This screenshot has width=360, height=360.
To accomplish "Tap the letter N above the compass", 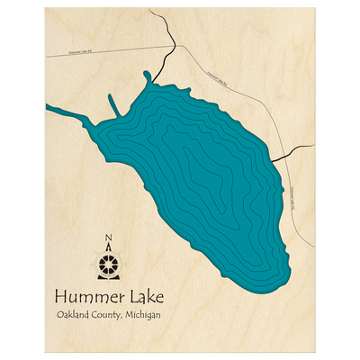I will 108,238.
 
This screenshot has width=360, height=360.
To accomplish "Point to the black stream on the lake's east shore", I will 281,154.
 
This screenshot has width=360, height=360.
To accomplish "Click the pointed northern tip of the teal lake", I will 148,75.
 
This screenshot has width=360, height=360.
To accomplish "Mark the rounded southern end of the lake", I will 270,274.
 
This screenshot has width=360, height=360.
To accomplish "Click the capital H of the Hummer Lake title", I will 61,295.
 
